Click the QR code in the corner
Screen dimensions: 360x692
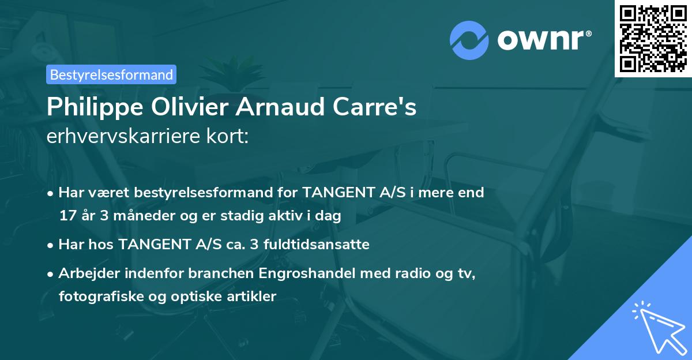click(653, 38)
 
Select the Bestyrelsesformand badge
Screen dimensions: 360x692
click(111, 74)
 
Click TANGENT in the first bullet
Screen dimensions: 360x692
click(335, 193)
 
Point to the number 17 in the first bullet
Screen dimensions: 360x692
click(66, 216)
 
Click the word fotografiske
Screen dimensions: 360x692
click(95, 297)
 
